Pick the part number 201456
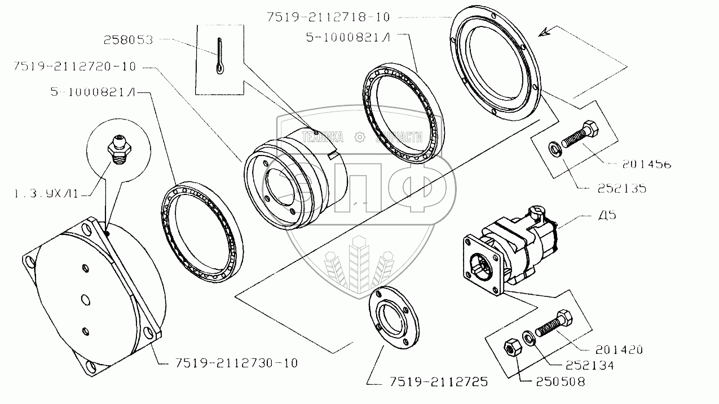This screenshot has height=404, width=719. pyautogui.click(x=648, y=165)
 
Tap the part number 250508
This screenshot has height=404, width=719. pyautogui.click(x=558, y=381)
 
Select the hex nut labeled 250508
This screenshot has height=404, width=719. pyautogui.click(x=511, y=348)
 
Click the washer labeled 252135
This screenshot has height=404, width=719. pyautogui.click(x=555, y=150)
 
